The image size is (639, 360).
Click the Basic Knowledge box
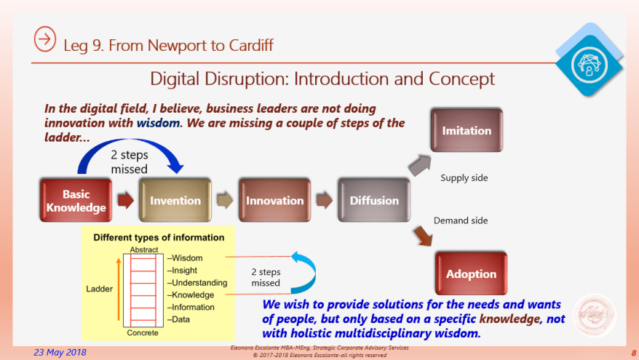click(75, 201)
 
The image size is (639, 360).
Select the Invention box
click(175, 201)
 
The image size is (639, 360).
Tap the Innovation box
click(274, 201)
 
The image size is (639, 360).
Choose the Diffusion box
click(374, 201)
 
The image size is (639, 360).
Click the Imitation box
click(467, 131)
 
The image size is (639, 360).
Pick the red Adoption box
click(471, 274)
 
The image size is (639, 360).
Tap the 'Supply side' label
click(464, 177)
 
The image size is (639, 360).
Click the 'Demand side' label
click(460, 220)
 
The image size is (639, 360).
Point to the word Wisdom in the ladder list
click(187, 257)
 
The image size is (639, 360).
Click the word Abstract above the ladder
click(143, 249)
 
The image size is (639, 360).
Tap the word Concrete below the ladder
click(143, 333)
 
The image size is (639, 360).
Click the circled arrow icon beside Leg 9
click(45, 40)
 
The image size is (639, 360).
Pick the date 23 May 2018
click(60, 352)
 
